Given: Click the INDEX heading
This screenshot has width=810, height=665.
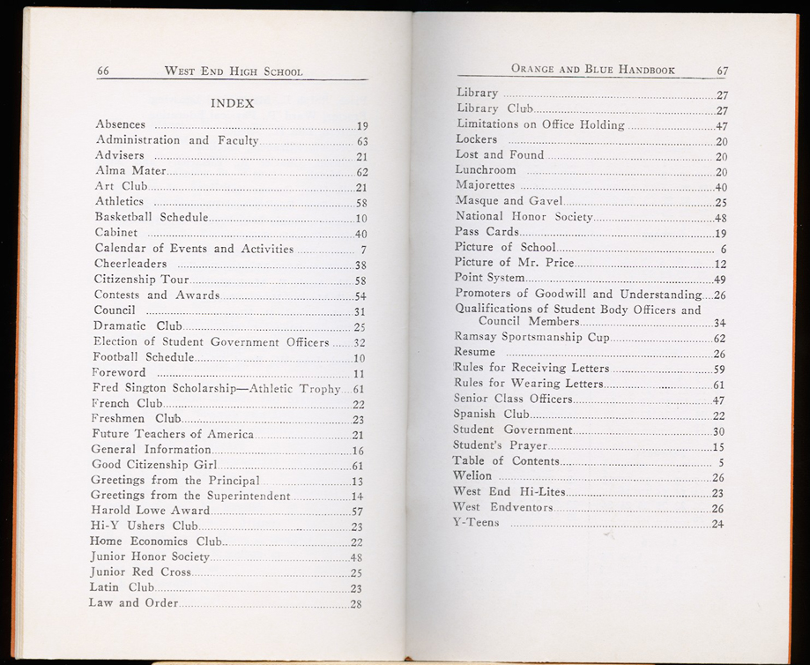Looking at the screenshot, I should click(x=232, y=103).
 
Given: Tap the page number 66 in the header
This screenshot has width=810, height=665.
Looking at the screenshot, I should click(x=103, y=71).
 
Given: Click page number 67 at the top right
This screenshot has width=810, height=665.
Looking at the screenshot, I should click(x=722, y=71).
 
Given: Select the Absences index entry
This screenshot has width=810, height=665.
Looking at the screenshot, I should click(x=121, y=124).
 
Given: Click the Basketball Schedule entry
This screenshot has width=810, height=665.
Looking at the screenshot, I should click(x=152, y=217).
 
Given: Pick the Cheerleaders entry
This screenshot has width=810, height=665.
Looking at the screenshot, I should click(x=130, y=264).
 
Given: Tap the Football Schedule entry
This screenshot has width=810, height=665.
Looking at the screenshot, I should click(x=143, y=357).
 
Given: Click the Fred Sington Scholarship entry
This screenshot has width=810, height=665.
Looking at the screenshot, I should click(x=216, y=388).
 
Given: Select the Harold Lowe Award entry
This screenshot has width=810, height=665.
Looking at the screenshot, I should click(x=151, y=511).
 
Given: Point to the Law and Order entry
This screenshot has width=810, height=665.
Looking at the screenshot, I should click(x=133, y=603).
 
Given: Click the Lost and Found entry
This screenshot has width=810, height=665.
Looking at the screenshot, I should click(x=500, y=154).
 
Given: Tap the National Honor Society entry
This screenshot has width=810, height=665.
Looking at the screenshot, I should click(x=524, y=216).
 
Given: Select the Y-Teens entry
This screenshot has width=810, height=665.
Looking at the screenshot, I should click(x=476, y=523).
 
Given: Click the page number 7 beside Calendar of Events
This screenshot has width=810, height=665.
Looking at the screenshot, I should click(x=363, y=249).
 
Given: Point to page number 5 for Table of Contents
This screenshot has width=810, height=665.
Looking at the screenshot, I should click(x=721, y=461).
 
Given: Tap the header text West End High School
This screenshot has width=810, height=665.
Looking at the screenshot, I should click(x=233, y=71).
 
